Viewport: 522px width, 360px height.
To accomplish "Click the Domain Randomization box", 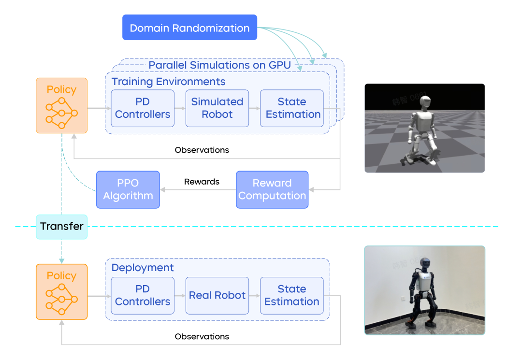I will [189, 28].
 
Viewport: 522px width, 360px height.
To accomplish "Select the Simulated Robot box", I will [217, 108].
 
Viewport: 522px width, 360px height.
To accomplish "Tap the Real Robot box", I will [217, 295].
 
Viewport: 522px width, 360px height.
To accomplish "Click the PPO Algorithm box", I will [128, 189].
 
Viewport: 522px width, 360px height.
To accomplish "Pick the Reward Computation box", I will [272, 189].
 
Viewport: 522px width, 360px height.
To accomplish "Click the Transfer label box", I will [62, 227].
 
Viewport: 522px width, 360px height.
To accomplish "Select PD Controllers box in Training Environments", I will [143, 108].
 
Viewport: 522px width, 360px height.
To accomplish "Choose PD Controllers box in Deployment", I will [143, 295].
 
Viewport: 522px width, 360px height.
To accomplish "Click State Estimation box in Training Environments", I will [291, 108].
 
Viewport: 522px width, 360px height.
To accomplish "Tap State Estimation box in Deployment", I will [291, 295].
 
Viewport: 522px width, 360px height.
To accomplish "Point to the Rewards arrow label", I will [202, 182].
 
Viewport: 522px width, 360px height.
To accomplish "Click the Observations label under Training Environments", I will [202, 150].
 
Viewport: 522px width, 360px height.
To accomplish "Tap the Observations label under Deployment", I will [202, 336].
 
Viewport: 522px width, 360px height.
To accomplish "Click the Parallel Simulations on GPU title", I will [219, 65].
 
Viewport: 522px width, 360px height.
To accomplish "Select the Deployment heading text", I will [143, 268].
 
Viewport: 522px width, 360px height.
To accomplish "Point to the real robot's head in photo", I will [424, 264].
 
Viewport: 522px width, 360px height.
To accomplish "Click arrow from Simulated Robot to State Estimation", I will [254, 108].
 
